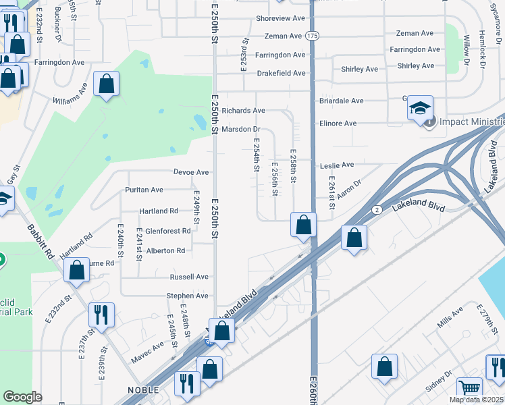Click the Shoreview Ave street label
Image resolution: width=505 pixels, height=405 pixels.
click(x=280, y=18)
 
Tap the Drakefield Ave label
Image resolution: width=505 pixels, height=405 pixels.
click(x=280, y=73)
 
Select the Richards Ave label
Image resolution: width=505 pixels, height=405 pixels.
click(x=243, y=110)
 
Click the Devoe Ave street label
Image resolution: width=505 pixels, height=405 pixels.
click(x=191, y=172)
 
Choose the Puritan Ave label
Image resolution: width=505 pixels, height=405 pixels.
click(x=144, y=190)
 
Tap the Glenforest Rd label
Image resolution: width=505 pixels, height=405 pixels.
click(x=167, y=231)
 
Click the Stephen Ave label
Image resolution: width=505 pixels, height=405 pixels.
click(x=188, y=296)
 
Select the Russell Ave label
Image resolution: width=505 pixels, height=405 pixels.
click(x=189, y=277)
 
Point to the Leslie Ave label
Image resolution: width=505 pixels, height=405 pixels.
click(x=338, y=165)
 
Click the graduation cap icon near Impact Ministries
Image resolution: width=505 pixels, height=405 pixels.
click(x=420, y=108)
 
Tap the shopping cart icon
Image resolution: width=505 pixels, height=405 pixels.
click(x=470, y=388)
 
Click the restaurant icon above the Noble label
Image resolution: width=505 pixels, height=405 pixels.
click(x=187, y=383)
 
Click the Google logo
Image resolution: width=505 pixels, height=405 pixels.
click(x=23, y=396)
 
